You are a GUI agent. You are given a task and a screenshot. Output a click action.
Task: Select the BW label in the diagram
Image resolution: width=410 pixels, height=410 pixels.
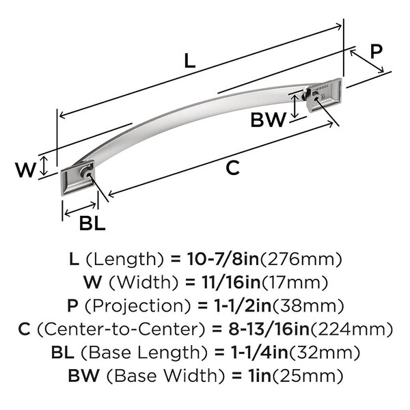pos(268,120)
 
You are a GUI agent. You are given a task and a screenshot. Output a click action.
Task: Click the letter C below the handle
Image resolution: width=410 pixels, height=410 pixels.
pos(233,167)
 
